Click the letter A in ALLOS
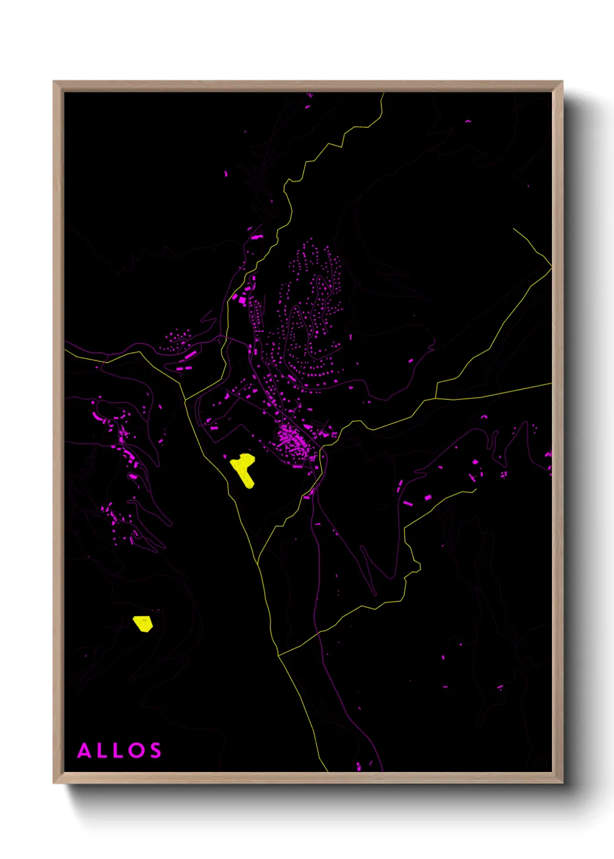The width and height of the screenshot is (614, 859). tap(85, 750)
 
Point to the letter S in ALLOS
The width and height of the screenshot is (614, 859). tap(155, 750)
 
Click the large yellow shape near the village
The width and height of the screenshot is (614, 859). tap(243, 469)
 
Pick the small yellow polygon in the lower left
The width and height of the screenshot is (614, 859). tap(143, 623)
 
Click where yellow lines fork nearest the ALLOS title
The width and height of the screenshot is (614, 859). tap(279, 655)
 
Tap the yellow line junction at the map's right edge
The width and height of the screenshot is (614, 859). tap(550, 268)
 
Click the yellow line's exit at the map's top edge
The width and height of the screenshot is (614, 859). tap(383, 93)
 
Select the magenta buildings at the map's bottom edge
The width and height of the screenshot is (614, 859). tap(359, 766)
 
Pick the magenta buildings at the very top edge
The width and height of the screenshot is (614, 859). tap(309, 95)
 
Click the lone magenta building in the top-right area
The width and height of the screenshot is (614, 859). tap(468, 121)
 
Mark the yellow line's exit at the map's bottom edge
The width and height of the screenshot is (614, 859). tap(327, 770)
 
